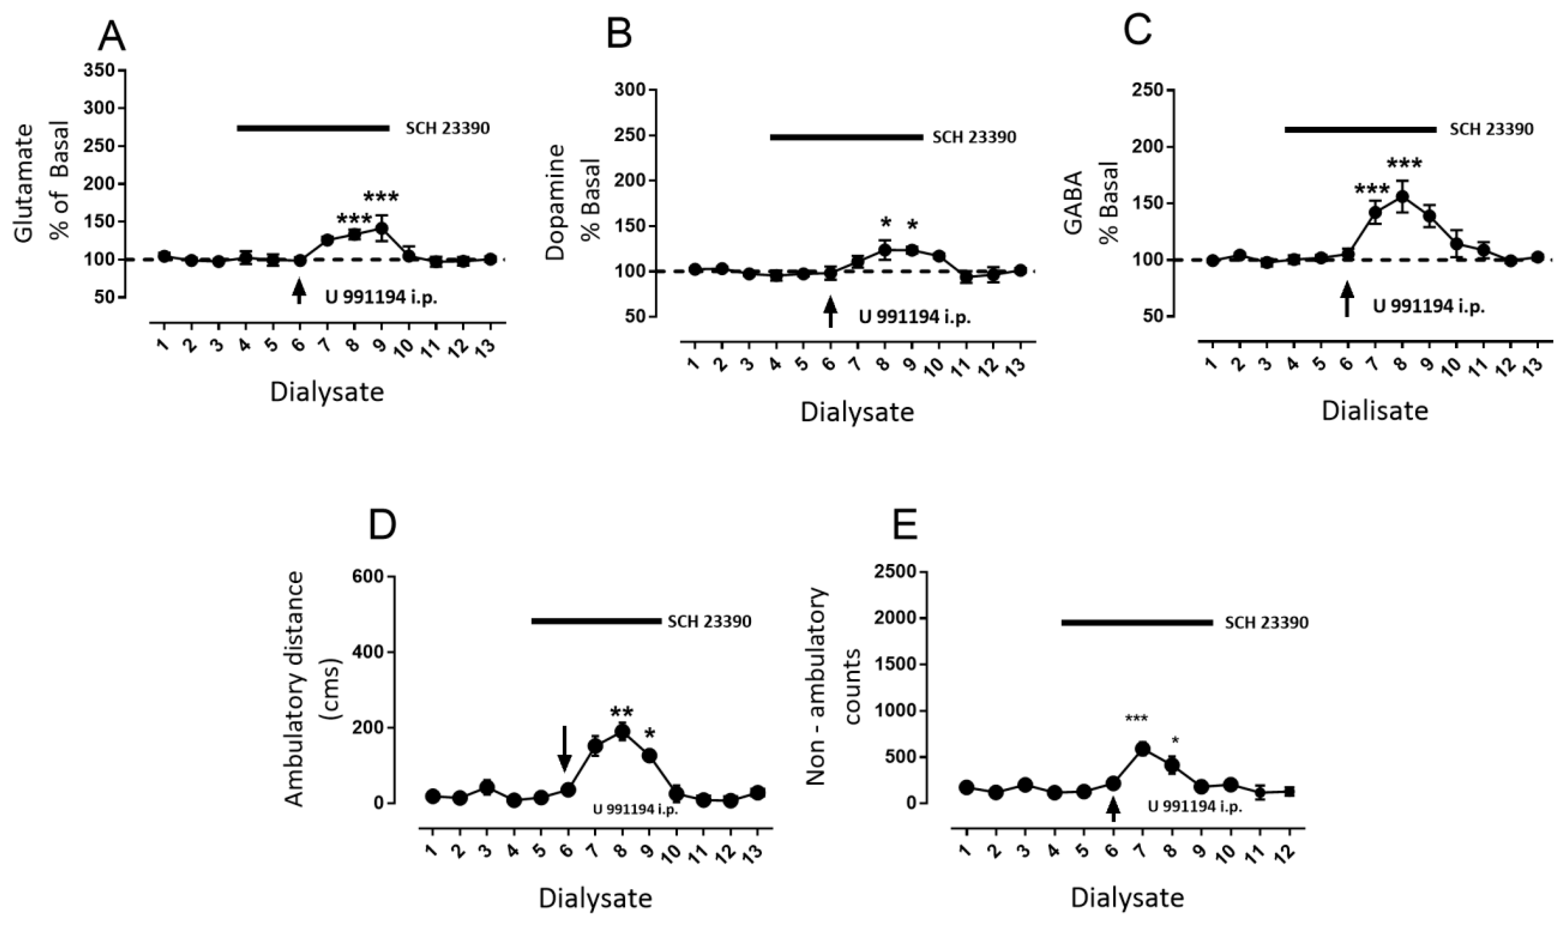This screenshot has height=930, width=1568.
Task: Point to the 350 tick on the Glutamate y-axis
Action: point(102,70)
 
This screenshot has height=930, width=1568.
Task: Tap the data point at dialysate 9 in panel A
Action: point(381,229)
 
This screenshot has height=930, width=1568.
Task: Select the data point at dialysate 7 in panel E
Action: point(1142,749)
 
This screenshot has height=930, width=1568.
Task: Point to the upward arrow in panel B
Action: point(831,312)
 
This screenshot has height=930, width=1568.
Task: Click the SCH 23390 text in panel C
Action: point(1491,129)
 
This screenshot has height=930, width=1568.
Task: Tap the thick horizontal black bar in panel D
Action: point(596,621)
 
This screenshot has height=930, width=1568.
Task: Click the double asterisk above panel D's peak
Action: point(622,713)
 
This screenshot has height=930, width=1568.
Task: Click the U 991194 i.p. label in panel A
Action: point(381,298)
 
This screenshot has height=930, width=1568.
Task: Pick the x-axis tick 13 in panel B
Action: point(1018,364)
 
